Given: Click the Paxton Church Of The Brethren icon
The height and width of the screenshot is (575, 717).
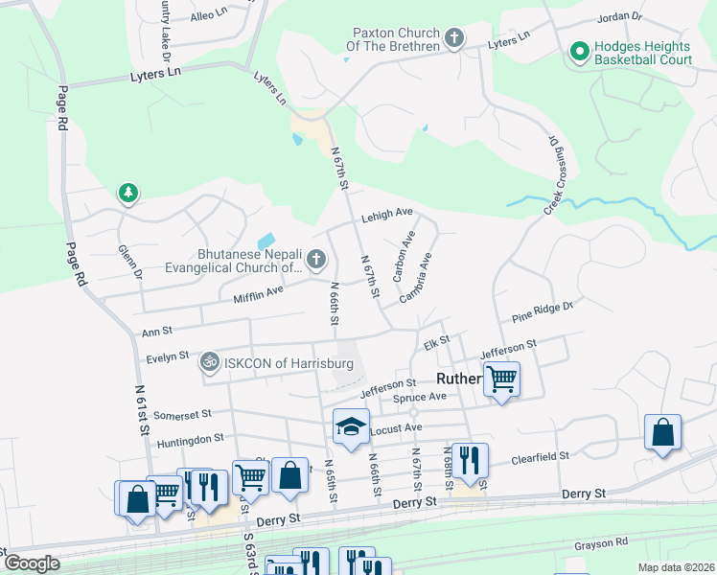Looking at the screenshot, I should pyautogui.click(x=454, y=39).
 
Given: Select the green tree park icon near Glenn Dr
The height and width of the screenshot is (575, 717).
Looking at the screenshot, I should pyautogui.click(x=127, y=194).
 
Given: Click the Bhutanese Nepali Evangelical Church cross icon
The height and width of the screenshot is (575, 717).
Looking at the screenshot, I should pyautogui.click(x=315, y=259).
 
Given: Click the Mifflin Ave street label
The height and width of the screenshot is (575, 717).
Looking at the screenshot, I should pyautogui.click(x=259, y=294).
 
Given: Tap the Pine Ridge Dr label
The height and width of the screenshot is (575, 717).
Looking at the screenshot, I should pyautogui.click(x=542, y=310).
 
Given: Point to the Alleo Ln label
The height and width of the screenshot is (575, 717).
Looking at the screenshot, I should pyautogui.click(x=209, y=14).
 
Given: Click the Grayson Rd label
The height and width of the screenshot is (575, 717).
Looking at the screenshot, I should pyautogui.click(x=600, y=544).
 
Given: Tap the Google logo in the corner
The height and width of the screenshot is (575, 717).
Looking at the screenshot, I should pyautogui.click(x=32, y=563).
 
